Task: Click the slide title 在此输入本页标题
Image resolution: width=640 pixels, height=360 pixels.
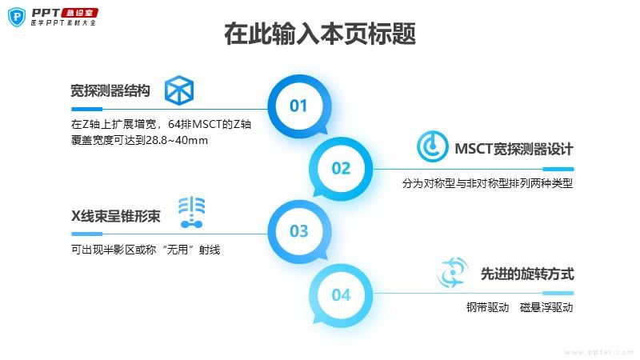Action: pos(319,35)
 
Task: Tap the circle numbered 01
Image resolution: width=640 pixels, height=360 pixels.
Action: pos(298,106)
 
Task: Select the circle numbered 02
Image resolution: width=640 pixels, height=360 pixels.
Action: pos(341,168)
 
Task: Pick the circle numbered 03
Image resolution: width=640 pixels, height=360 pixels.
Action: pos(298,232)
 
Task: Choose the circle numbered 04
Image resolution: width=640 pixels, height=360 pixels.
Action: pos(341,295)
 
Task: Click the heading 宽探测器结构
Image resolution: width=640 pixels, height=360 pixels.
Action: pos(110,90)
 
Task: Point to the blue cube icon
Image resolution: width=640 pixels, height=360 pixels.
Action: pos(179,90)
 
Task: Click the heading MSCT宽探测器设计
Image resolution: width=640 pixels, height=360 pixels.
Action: pos(514,149)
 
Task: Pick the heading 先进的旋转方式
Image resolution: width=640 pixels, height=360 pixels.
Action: pos(527,274)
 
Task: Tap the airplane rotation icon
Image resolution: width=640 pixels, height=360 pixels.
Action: pos(451,273)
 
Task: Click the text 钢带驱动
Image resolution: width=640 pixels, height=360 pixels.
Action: pos(488,307)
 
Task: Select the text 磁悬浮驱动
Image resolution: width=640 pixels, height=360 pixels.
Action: pos(546,307)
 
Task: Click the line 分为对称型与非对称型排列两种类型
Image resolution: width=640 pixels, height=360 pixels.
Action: pos(488,182)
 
